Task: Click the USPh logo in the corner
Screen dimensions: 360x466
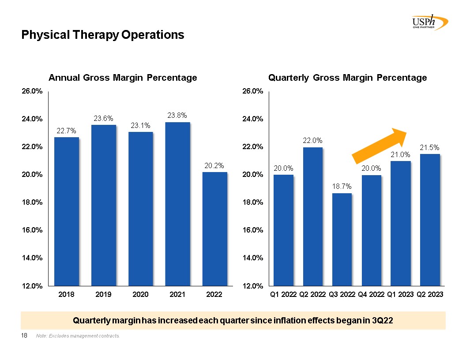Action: (428, 22)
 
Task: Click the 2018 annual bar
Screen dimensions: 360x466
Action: (67, 211)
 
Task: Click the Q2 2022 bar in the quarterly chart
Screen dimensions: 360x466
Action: (313, 216)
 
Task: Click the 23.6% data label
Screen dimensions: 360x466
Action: (103, 118)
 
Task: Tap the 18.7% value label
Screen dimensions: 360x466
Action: (342, 187)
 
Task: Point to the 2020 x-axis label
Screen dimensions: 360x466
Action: (140, 294)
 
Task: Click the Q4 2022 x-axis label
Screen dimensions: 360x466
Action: (372, 294)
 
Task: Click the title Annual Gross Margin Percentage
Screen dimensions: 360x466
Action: (122, 78)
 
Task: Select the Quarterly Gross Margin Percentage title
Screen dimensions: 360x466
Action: (348, 78)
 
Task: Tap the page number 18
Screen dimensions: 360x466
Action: (25, 336)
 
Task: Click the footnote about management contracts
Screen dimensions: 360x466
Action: (78, 337)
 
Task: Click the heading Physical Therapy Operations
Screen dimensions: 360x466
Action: (103, 35)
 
